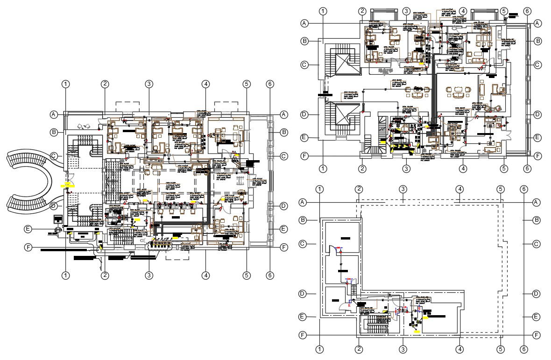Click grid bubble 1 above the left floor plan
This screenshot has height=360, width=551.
pyautogui.click(x=66, y=84)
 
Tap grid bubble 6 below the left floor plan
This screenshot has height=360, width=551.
pyautogui.click(x=269, y=275)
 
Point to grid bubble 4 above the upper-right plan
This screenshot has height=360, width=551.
pyautogui.click(x=463, y=11)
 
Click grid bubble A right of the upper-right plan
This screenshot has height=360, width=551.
pyautogui.click(x=537, y=22)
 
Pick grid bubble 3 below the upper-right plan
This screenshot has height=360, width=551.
pyautogui.click(x=406, y=168)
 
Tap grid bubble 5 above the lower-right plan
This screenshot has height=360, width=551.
pyautogui.click(x=501, y=189)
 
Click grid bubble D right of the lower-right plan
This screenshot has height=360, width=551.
pyautogui.click(x=537, y=294)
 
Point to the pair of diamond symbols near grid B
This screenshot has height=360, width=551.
pyautogui.click(x=83, y=126)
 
